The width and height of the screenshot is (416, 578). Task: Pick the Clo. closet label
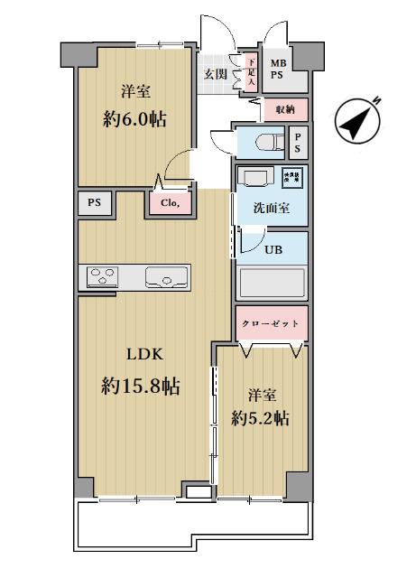pos(171,204)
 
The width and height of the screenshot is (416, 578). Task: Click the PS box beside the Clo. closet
pos(94,204)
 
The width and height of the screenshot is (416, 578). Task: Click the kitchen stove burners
pos(103,276)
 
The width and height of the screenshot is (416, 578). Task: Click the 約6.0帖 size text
pos(134,119)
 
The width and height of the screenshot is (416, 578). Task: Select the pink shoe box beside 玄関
pos(250,71)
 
